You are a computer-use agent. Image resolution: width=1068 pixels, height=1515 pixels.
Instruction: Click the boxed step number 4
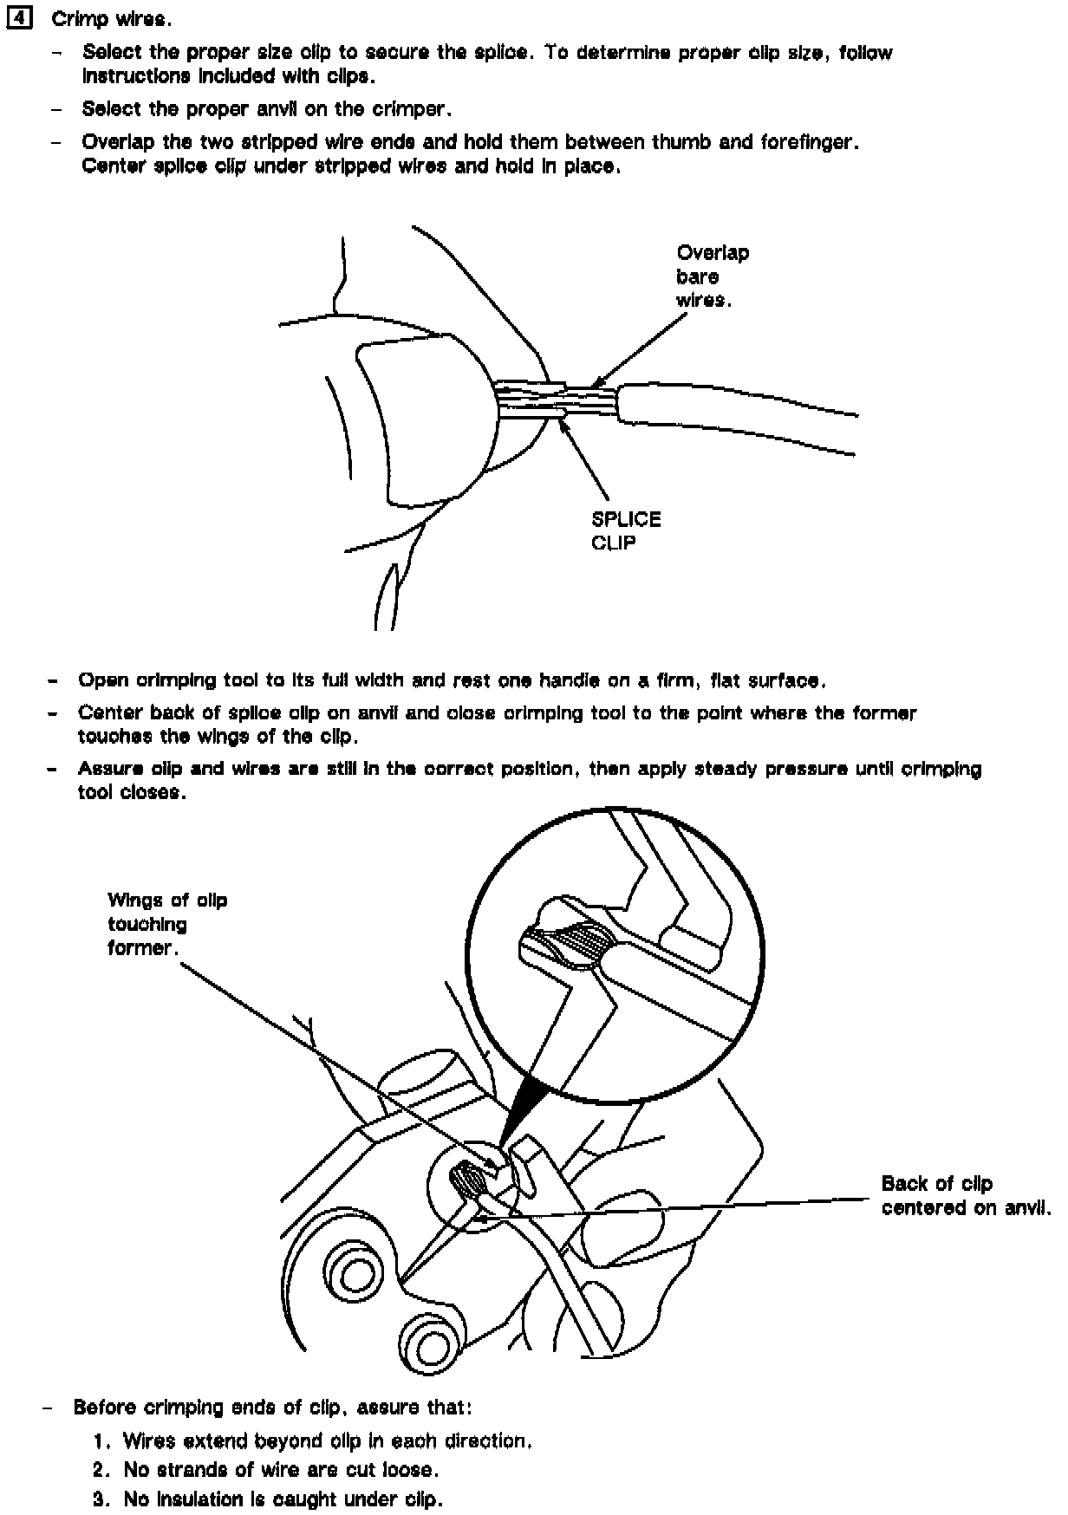click(x=18, y=19)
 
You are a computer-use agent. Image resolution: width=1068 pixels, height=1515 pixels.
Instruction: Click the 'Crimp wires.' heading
click(x=112, y=20)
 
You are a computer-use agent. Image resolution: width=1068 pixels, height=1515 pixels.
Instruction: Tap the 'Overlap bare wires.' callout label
click(x=713, y=276)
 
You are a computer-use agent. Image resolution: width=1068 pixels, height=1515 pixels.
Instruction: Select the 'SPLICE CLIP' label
click(x=625, y=530)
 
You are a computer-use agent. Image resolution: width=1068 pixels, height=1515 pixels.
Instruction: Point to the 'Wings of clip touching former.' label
click(x=166, y=924)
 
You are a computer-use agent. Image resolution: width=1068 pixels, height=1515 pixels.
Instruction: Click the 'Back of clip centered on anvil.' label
click(x=965, y=1195)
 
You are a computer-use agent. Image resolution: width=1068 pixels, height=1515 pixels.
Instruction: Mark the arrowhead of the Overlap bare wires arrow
click(x=596, y=384)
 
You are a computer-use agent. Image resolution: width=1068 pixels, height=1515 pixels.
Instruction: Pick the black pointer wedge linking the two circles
click(x=519, y=1110)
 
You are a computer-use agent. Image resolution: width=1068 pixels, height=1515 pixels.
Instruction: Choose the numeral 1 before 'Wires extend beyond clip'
click(x=101, y=1440)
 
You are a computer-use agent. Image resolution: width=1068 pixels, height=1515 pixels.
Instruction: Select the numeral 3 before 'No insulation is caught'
click(x=101, y=1499)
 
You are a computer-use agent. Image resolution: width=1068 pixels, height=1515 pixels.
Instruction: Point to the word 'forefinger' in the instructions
click(x=807, y=142)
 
